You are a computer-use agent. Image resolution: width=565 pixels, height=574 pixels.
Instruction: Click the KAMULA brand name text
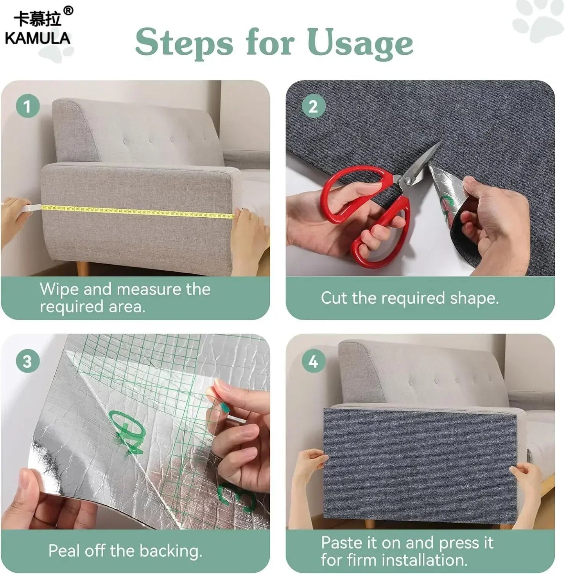click(38, 38)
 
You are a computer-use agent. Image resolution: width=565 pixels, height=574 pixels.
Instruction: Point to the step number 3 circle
click(27, 361)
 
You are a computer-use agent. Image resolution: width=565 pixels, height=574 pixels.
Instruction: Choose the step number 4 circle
click(313, 361)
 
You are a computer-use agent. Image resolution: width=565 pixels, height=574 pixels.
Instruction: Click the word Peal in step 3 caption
click(64, 551)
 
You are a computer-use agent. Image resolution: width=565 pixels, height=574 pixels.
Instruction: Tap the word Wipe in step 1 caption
click(59, 289)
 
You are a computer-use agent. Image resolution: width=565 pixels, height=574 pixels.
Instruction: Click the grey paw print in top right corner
click(538, 20)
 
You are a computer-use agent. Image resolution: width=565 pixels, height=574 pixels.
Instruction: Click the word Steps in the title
click(184, 43)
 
